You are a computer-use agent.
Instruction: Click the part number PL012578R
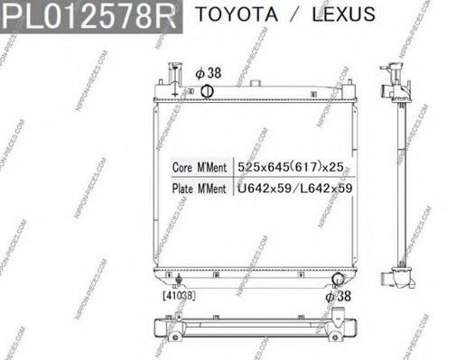click(90, 15)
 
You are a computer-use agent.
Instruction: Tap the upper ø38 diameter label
click(208, 71)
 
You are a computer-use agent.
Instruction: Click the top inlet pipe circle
click(207, 89)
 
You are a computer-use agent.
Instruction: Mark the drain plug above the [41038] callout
click(179, 280)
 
